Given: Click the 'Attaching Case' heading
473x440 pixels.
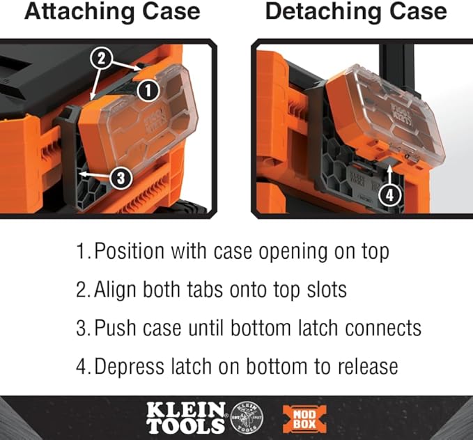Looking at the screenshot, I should click(x=111, y=12).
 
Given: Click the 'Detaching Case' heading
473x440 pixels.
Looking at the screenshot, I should click(x=356, y=12).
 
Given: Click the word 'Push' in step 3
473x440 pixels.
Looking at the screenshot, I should click(x=114, y=326).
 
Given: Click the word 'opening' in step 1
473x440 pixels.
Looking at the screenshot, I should click(x=300, y=250).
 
